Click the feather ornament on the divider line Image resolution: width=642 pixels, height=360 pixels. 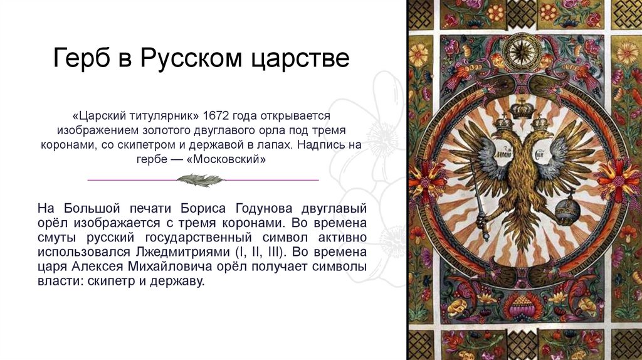click(x=200, y=180)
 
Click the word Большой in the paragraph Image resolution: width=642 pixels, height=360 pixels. click(x=83, y=208)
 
